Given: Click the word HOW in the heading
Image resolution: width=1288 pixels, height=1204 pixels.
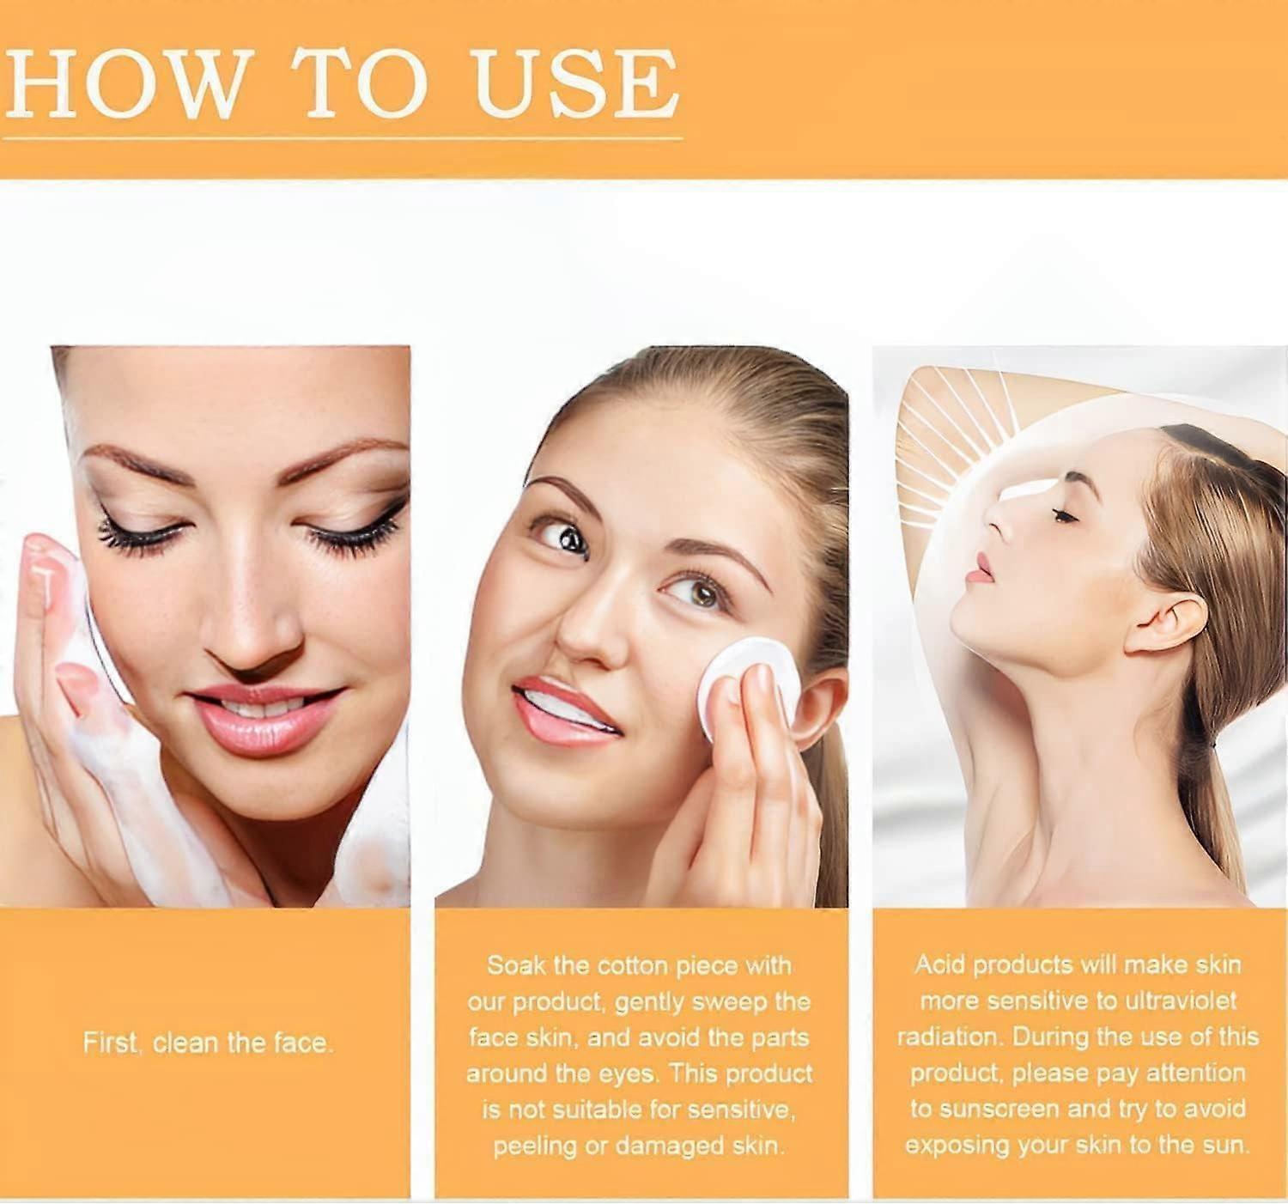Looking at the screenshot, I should pos(125,83).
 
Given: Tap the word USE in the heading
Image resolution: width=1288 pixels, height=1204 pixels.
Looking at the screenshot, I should pos(576,83).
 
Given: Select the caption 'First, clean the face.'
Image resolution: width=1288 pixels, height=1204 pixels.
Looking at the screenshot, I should pos(208,1043).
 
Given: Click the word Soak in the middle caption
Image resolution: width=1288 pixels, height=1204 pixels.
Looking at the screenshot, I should pos(516,965).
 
